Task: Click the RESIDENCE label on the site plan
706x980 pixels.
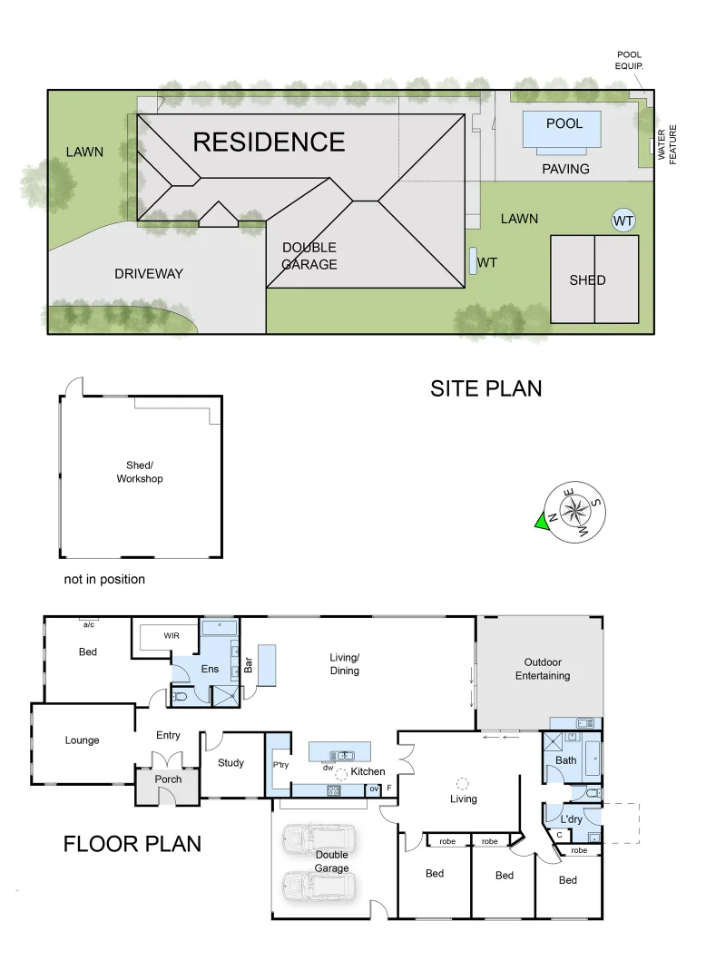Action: pyautogui.click(x=269, y=142)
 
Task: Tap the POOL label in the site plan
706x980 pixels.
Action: pyautogui.click(x=564, y=123)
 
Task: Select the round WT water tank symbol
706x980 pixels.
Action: pyautogui.click(x=623, y=220)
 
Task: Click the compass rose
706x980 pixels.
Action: pyautogui.click(x=574, y=511)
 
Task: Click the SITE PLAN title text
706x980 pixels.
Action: pyautogui.click(x=485, y=388)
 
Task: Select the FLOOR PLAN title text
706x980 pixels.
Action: pyautogui.click(x=132, y=843)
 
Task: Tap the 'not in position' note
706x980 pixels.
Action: pyautogui.click(x=104, y=579)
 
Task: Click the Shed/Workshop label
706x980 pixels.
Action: pyautogui.click(x=140, y=472)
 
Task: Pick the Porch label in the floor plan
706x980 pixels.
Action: pyautogui.click(x=168, y=779)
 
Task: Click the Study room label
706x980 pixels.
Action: pyautogui.click(x=230, y=762)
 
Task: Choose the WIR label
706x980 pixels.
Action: pyautogui.click(x=172, y=636)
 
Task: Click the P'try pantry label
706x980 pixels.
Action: pyautogui.click(x=280, y=765)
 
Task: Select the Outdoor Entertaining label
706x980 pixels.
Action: pyautogui.click(x=543, y=669)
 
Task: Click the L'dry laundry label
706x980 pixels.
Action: pyautogui.click(x=570, y=818)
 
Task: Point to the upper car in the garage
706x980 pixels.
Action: pyautogui.click(x=319, y=840)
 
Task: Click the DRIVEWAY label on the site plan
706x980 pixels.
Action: pyautogui.click(x=149, y=273)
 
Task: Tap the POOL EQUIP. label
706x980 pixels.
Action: pyautogui.click(x=629, y=60)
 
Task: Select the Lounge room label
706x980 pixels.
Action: pyautogui.click(x=82, y=740)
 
